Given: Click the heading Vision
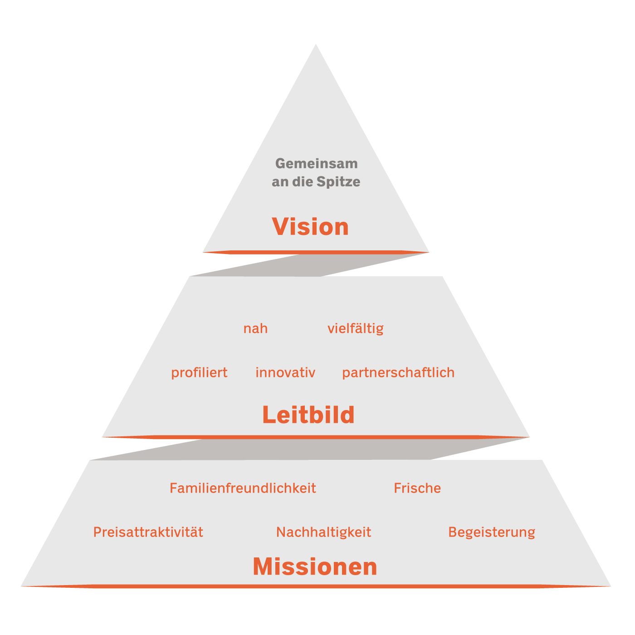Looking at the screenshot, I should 310,226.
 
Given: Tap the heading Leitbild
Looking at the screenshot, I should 308,415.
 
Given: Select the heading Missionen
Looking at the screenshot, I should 315,567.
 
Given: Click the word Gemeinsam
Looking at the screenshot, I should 316,163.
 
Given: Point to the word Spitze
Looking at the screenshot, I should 338,182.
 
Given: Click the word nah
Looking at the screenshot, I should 255,328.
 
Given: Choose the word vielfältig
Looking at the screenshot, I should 356,328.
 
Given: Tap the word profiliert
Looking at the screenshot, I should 199,372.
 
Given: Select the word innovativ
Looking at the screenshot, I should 285,372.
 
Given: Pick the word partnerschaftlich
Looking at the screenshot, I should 398,372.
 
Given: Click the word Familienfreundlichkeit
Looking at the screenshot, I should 243,488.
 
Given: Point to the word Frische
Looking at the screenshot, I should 417,488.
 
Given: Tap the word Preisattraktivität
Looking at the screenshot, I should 148,532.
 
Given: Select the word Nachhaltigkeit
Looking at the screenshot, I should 323,532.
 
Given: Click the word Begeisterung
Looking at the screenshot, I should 492,532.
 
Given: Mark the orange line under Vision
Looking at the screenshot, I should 316,252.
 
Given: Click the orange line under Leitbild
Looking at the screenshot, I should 316,437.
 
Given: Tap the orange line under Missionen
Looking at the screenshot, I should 316,586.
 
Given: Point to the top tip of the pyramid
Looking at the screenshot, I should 316,45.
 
